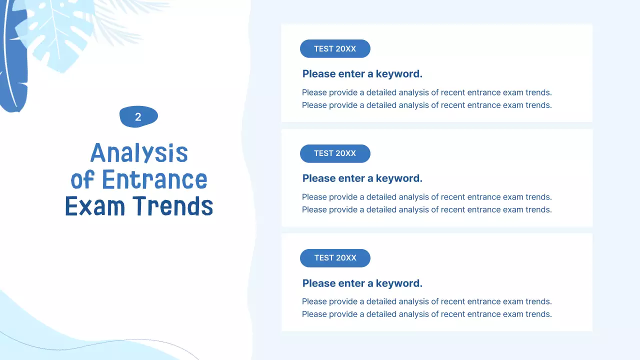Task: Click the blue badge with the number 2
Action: (138, 116)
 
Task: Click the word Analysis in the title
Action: (139, 153)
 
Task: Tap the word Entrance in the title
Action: (154, 179)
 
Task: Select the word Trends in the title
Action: (173, 205)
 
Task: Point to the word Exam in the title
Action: (95, 205)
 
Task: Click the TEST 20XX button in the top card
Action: (335, 48)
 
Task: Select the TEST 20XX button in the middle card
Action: (335, 153)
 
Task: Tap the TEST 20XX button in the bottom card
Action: (335, 258)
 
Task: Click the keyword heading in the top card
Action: (362, 74)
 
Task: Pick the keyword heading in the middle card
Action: (362, 178)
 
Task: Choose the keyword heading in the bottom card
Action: (362, 283)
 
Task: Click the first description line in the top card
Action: (427, 92)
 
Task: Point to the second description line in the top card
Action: (427, 105)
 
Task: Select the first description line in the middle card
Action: (427, 197)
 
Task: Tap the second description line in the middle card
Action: (427, 209)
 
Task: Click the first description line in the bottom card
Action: (427, 301)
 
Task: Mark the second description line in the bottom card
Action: (427, 314)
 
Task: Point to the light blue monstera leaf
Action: (57, 34)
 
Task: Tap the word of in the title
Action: (82, 179)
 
